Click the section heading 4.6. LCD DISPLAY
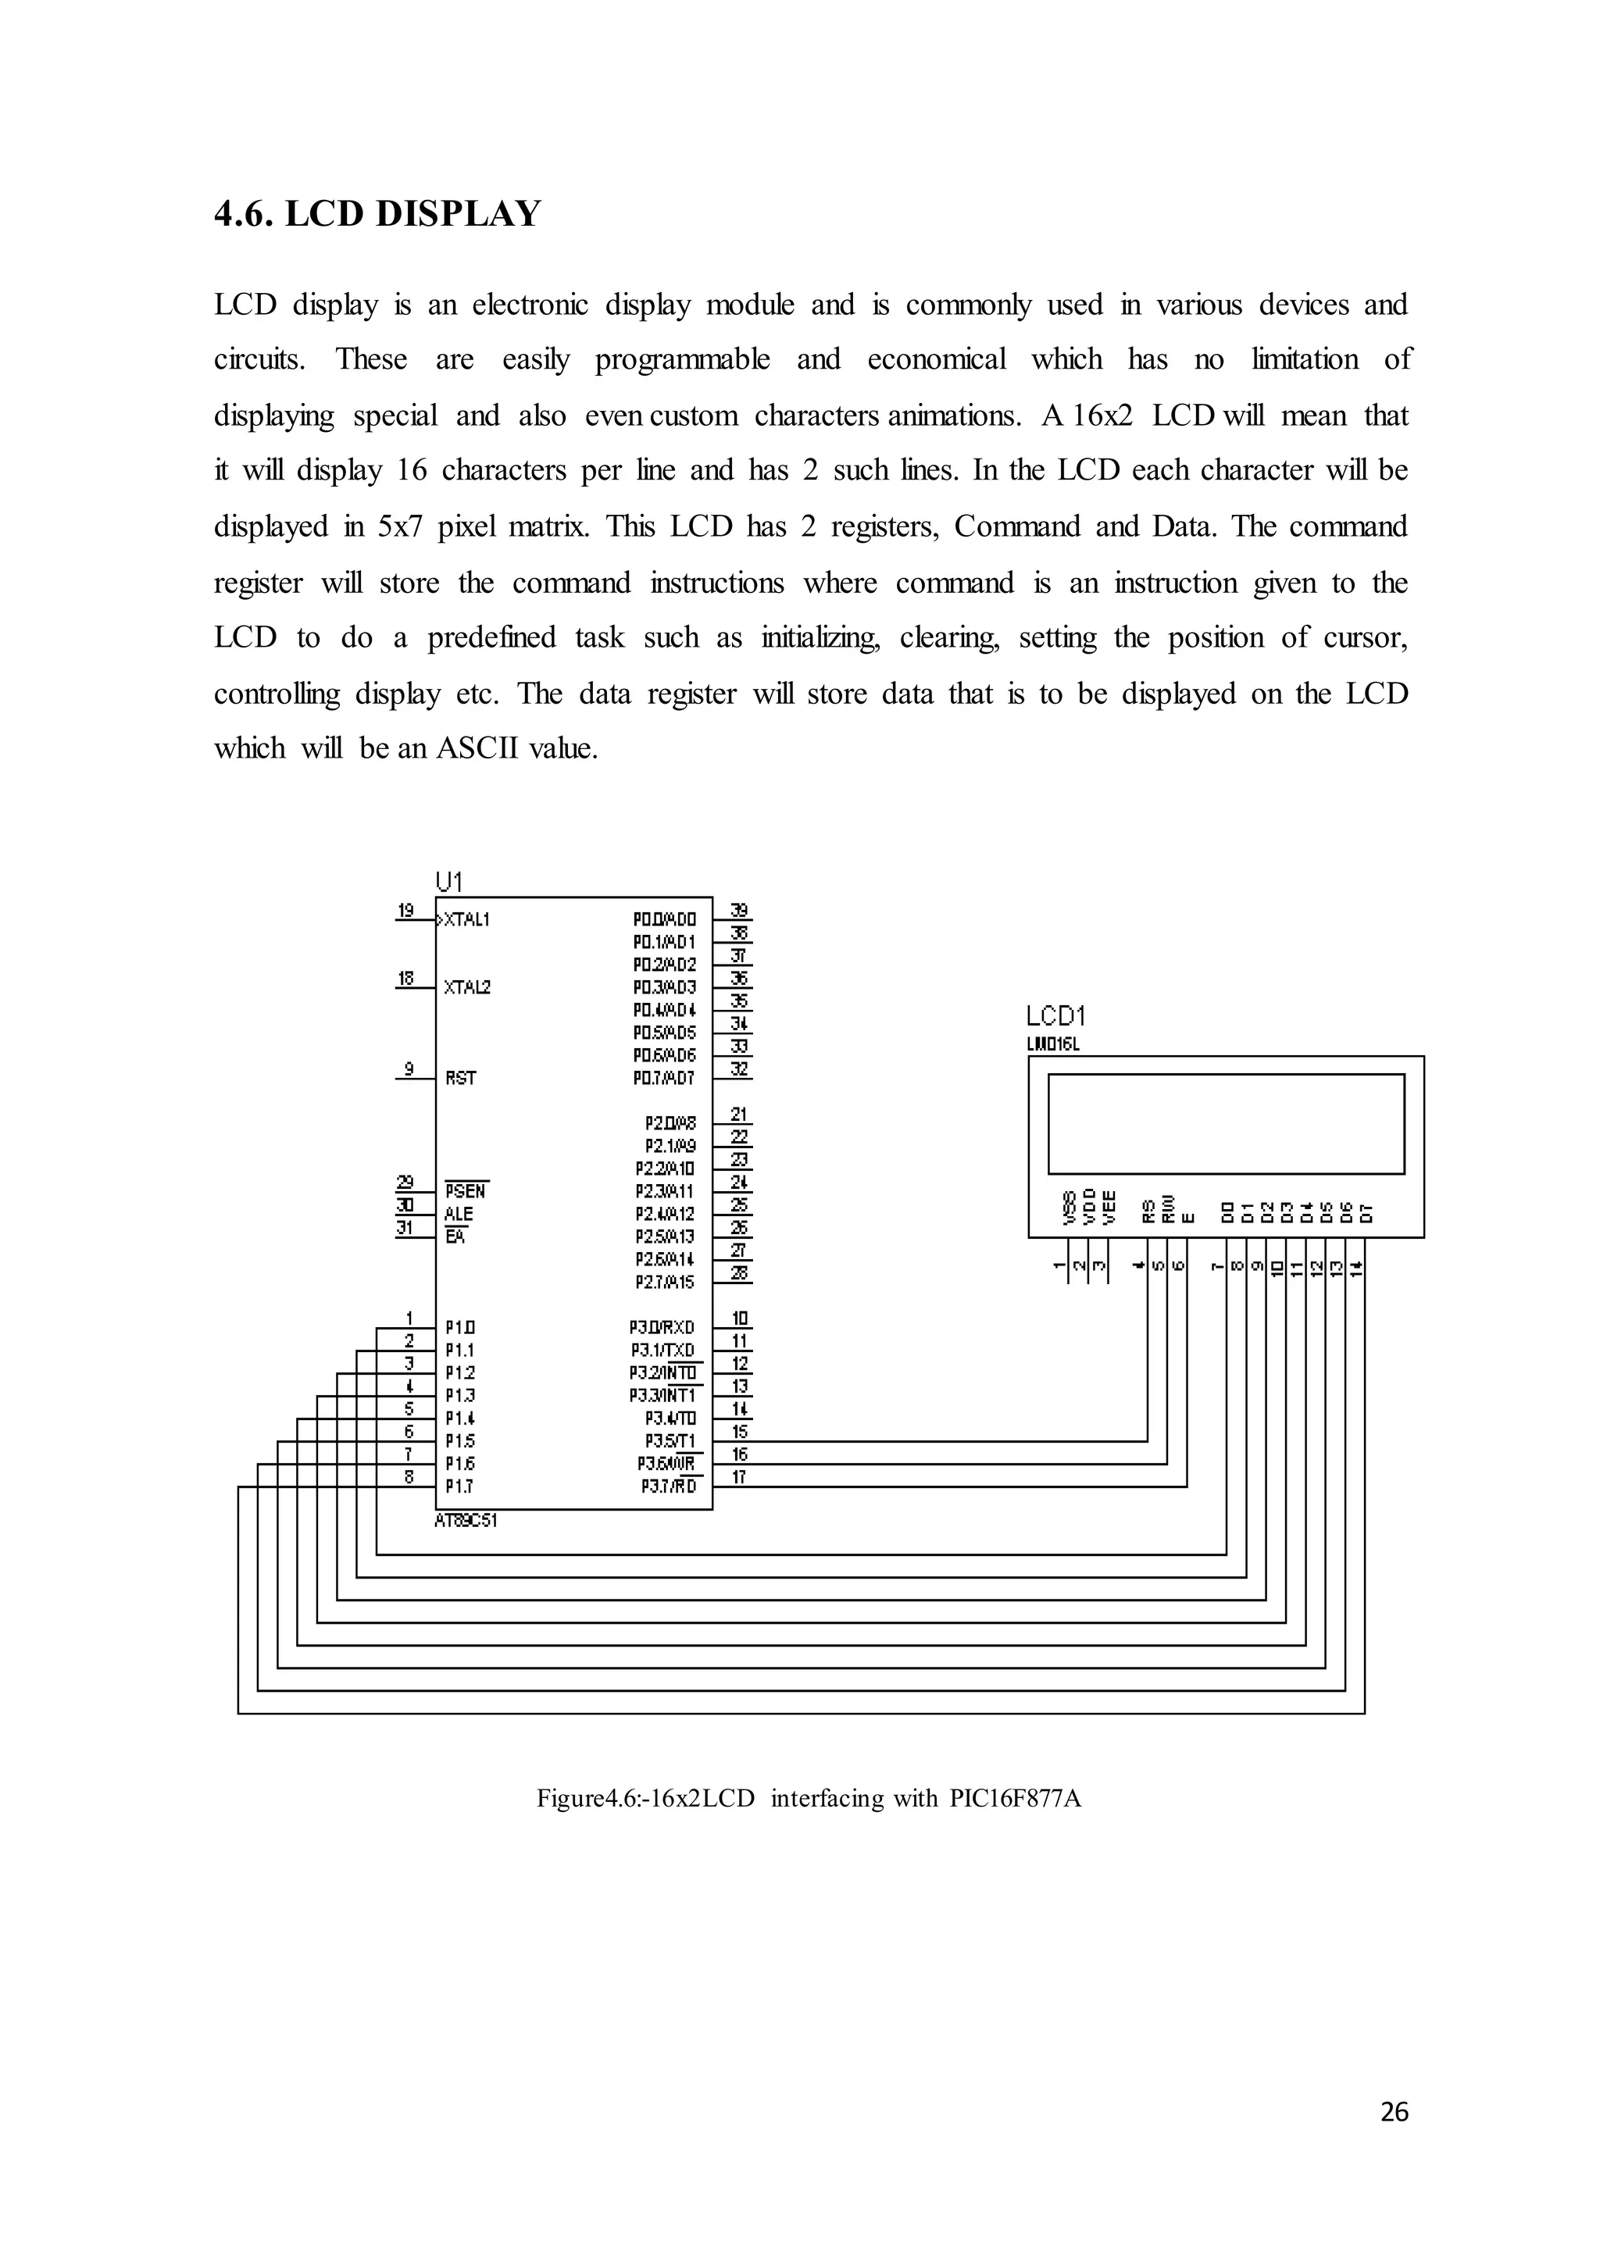pos(377,214)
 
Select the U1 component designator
pos(448,881)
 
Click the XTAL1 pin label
pos(467,920)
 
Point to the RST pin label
pos(460,1078)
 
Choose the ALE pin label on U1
pos(458,1214)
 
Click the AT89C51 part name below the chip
pos(466,1520)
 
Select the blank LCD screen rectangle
pos(1226,1123)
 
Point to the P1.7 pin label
pos(460,1486)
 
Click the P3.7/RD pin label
pos(668,1486)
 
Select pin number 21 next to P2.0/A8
pos(739,1115)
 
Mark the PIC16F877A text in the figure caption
pos(1015,1798)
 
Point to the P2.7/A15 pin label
pos(664,1282)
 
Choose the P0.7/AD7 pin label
pos(664,1079)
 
